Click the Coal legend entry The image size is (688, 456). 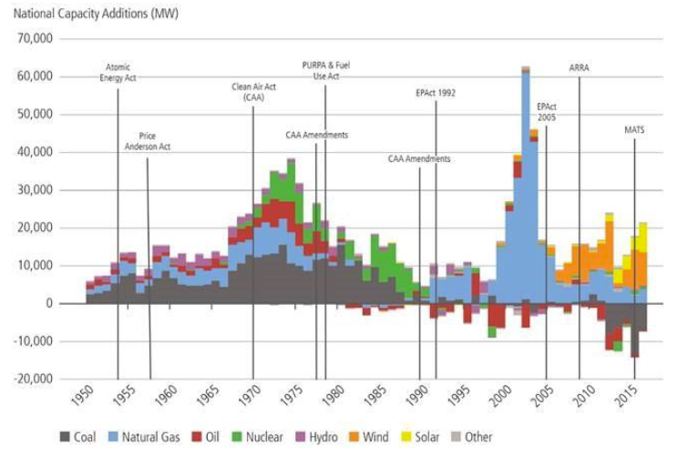[x=80, y=437]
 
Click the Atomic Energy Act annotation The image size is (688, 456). [x=118, y=73]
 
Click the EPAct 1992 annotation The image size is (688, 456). [x=435, y=93]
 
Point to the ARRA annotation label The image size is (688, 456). [x=579, y=67]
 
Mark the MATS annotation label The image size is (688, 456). [x=634, y=129]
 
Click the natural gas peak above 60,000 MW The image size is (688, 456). [x=526, y=73]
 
